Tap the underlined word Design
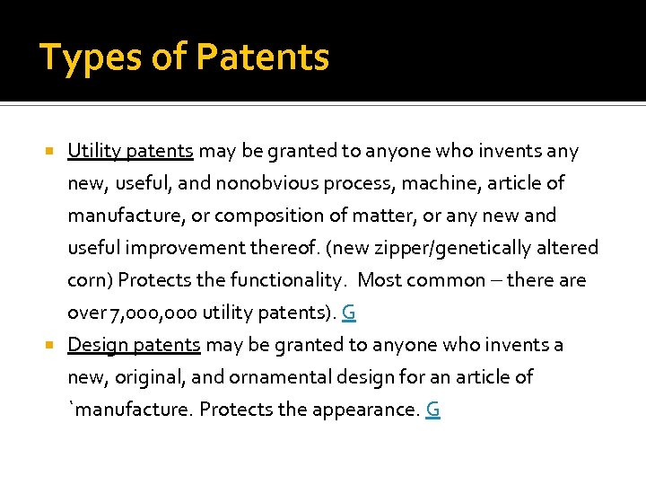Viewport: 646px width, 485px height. pos(94,345)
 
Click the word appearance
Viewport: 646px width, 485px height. pos(365,410)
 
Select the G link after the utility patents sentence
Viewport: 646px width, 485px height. pos(349,313)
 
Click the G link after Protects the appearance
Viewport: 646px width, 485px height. pos(432,410)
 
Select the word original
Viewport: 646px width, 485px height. pos(145,377)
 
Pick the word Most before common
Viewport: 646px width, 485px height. pos(380,280)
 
